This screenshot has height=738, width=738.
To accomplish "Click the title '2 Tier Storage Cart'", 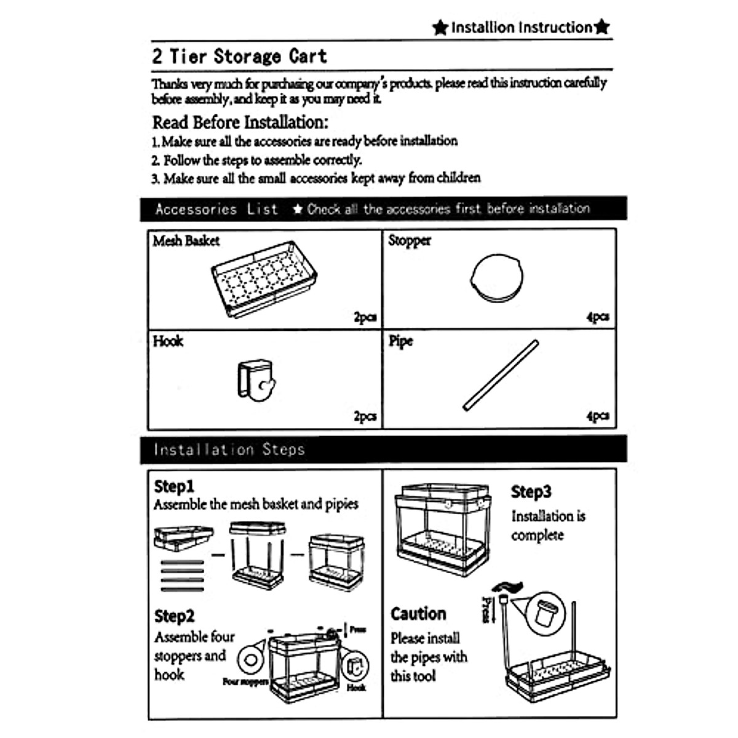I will pos(239,57).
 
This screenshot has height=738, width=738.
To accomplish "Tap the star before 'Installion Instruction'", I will pos(440,28).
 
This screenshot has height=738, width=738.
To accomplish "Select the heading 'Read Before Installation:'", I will pos(240,122).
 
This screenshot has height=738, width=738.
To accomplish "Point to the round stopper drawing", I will pos(497,278).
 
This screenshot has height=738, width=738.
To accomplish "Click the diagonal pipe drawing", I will pos(501,375).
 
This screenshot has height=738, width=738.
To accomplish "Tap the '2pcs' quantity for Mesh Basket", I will pos(365,317).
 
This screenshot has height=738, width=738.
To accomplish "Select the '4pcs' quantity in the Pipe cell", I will pos(597,416).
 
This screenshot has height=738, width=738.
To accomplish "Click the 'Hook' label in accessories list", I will pos(168,341).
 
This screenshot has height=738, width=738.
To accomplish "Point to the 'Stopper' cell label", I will pos(410,240).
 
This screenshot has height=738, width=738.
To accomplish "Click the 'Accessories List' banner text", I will pos(216,209).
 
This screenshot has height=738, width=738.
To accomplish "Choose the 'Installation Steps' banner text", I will pos(229,450).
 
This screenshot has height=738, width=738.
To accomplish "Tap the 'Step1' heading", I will pos(174,486).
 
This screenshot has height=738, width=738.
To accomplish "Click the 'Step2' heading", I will pos(174,616).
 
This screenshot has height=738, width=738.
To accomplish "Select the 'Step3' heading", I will pos(531,492).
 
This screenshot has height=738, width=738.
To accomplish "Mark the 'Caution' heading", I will pos(418,614).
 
